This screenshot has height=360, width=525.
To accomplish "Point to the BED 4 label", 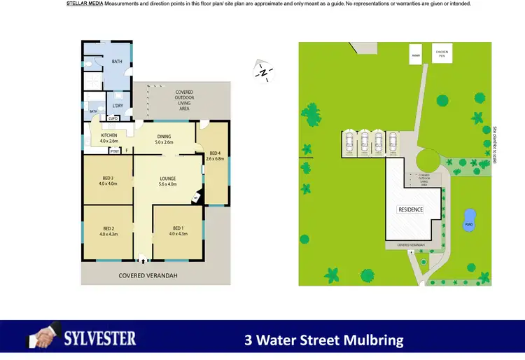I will click(216, 155).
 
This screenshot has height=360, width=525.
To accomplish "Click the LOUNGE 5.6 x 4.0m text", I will click(167, 181).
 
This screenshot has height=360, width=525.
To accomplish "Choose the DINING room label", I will click(164, 139).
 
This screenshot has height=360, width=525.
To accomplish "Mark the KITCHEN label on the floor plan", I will click(108, 137).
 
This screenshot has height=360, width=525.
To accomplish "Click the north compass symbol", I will click(262, 71).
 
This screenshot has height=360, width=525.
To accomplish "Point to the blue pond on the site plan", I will click(468, 219).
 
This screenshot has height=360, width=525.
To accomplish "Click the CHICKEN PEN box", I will click(442, 53).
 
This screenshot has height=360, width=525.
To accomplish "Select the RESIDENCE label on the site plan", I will click(411, 209).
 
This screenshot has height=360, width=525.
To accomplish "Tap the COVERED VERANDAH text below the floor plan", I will click(148, 276).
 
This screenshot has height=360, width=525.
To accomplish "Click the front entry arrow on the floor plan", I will click(143, 258).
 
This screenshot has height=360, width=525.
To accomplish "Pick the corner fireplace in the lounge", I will click(197, 199).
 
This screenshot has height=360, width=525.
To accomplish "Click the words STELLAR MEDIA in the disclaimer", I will click(84, 4).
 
